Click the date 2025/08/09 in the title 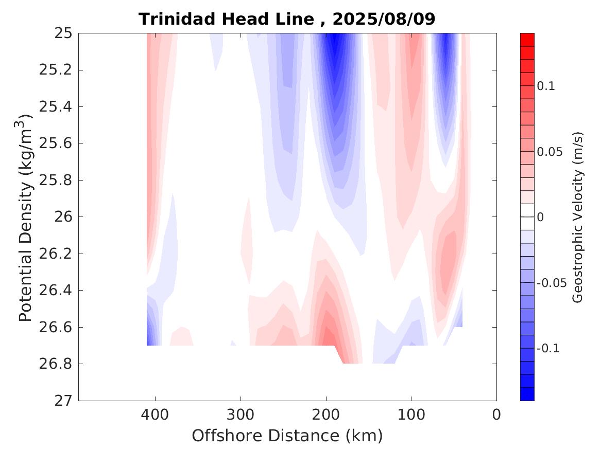pyautogui.click(x=384, y=19)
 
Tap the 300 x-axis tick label pyautogui.click(x=241, y=415)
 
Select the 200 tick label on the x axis pyautogui.click(x=326, y=415)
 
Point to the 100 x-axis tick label pyautogui.click(x=411, y=415)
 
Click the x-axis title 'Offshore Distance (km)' pyautogui.click(x=287, y=436)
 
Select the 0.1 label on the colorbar pyautogui.click(x=546, y=86)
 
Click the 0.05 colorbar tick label pyautogui.click(x=549, y=152)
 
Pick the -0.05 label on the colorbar pyautogui.click(x=551, y=283)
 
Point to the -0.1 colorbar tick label pyautogui.click(x=548, y=349)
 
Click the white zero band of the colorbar pyautogui.click(x=527, y=217)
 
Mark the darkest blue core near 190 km pyautogui.click(x=335, y=46)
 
